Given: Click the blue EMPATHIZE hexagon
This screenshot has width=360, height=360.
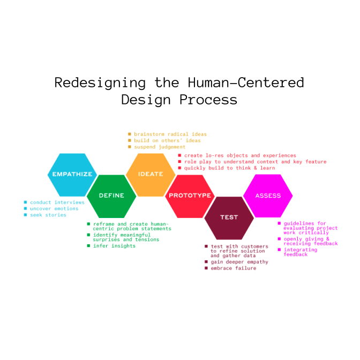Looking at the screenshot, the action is click(72, 175).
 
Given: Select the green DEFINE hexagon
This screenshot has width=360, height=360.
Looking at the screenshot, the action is click(111, 196).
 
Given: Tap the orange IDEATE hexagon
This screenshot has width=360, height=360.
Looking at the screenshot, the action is click(151, 175).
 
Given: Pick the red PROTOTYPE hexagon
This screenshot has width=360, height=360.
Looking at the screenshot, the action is click(190, 196).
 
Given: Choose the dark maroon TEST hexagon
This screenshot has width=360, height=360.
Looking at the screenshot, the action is click(229, 218).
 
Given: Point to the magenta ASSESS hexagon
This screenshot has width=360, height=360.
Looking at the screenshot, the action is click(268, 196).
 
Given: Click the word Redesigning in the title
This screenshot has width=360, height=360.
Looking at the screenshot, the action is click(100, 83).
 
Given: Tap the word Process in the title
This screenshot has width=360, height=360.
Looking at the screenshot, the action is click(208, 100).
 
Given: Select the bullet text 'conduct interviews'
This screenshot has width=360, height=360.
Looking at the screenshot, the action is click(57, 202).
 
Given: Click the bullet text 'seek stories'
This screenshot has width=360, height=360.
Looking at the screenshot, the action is click(48, 215).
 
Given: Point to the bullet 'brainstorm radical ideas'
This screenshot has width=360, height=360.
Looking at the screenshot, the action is click(170, 134).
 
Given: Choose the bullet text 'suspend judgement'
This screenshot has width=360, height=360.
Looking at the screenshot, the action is click(160, 147).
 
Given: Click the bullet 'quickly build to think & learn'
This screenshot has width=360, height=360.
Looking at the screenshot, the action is click(230, 168).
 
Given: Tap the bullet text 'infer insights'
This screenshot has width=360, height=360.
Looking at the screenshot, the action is click(114, 246).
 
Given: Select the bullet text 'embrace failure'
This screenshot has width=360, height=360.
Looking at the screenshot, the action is click(234, 268).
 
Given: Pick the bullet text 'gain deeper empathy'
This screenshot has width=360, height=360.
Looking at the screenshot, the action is click(239, 262).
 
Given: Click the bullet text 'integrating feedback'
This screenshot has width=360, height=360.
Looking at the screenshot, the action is click(301, 252).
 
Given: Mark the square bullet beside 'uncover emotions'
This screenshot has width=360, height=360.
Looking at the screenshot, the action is click(26, 208).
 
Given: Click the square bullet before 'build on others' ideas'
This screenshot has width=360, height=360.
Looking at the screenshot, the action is click(130, 140).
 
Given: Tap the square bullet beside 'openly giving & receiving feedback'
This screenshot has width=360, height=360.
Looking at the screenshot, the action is click(279, 239).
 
